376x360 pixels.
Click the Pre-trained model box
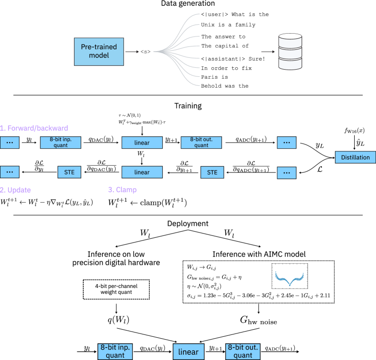(x=99, y=52)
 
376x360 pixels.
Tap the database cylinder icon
(x=290, y=52)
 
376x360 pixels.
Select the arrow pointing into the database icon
(x=268, y=52)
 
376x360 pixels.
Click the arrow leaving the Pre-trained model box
(x=132, y=52)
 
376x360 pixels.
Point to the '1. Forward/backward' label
(x=34, y=128)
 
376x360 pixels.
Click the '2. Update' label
(x=16, y=190)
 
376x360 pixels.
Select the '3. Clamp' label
(x=122, y=190)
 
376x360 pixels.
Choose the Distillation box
(x=355, y=157)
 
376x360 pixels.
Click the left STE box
(x=69, y=172)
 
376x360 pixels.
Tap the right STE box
(x=212, y=172)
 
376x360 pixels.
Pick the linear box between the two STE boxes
(x=142, y=172)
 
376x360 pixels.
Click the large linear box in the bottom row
(x=188, y=351)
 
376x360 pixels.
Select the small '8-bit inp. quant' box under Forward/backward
(x=60, y=143)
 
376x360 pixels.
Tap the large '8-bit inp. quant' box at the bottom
(x=115, y=351)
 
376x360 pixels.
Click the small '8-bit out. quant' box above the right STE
(x=201, y=143)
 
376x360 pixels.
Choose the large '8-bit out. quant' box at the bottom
(x=243, y=351)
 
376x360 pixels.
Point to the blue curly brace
(x=289, y=279)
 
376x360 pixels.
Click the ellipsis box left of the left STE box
(x=9, y=172)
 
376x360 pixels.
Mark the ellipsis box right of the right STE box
(x=286, y=173)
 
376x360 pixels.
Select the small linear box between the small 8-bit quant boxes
(x=142, y=143)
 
